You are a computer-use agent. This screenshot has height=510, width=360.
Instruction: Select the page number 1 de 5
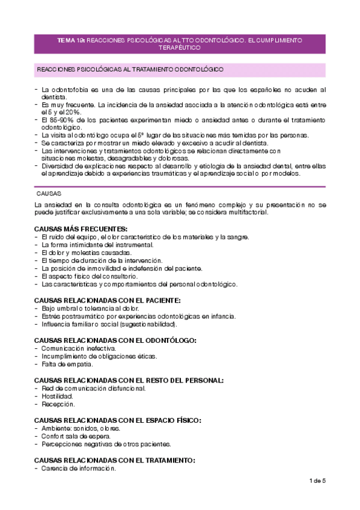click(317, 481)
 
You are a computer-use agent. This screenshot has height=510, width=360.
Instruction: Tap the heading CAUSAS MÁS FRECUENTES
click(81, 229)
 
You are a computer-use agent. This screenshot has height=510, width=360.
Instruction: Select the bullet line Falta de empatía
click(67, 364)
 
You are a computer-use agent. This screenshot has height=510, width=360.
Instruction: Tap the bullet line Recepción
click(58, 404)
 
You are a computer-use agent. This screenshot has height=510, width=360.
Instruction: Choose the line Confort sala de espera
click(79, 436)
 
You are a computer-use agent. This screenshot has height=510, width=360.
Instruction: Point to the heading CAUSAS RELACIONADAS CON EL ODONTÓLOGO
click(115, 340)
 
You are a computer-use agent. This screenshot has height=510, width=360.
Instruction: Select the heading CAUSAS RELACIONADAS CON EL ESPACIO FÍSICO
click(117, 420)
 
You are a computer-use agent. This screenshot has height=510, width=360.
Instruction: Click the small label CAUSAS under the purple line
click(49, 194)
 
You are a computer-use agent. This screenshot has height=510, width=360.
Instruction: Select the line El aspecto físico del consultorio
click(90, 276)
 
